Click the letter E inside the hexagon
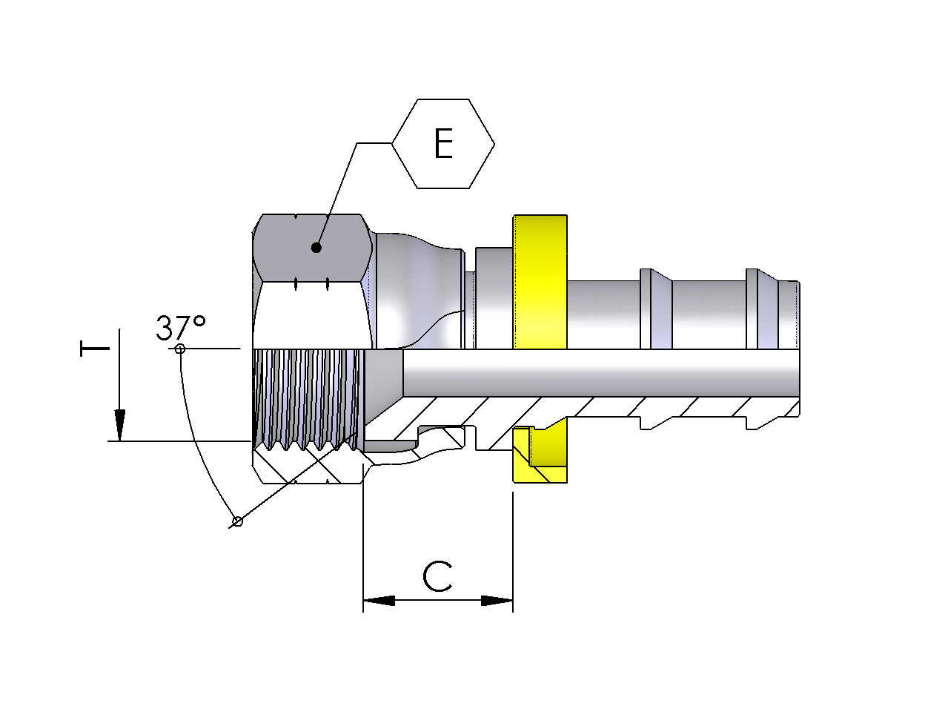click(443, 144)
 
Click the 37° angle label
click(180, 327)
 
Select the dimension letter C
click(437, 576)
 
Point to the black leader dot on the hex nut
click(316, 248)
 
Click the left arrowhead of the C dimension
click(378, 600)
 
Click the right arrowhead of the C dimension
click(497, 600)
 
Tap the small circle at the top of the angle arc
click(179, 349)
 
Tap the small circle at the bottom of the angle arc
click(237, 521)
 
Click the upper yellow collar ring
click(540, 282)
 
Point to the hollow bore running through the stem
click(593, 372)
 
